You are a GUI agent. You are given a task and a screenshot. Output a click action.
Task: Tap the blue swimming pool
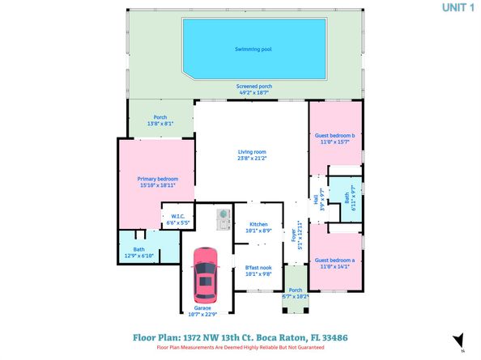tap(253, 49)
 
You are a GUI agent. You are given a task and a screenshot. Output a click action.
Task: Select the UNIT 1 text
tap(458, 8)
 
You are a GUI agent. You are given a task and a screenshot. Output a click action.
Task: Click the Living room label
tap(252, 152)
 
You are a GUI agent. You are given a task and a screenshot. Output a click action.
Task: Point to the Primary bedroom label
tap(157, 179)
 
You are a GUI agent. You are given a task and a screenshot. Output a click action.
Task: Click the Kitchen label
tap(258, 224)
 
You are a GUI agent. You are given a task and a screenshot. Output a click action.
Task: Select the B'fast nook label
tap(258, 268)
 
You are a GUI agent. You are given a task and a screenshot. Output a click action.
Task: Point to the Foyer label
tap(293, 235)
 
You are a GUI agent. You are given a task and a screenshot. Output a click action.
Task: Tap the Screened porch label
tap(253, 87)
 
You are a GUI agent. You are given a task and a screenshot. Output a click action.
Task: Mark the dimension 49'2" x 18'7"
tap(253, 93)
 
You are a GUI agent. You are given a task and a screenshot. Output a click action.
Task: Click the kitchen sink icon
tap(222, 218)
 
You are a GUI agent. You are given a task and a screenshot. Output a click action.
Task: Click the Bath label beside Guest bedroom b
tap(347, 197)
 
